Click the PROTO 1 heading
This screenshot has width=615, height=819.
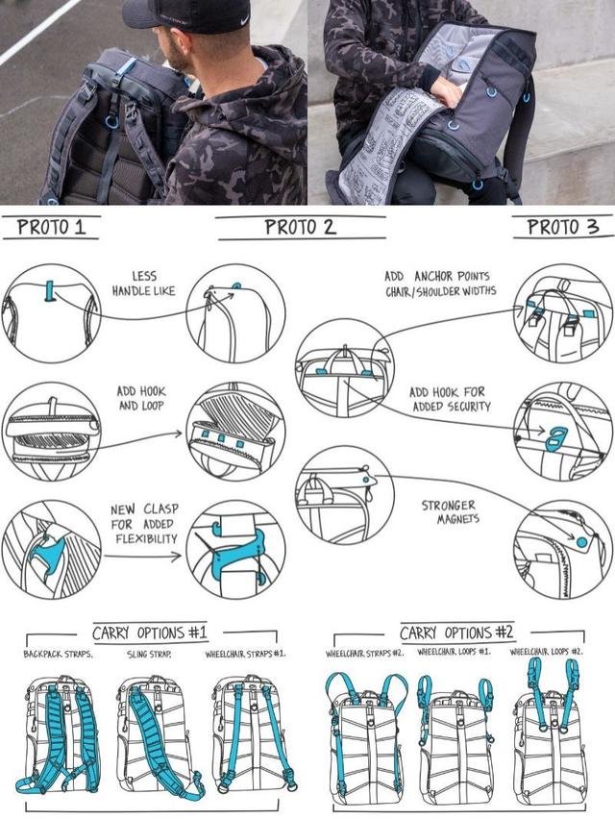51,227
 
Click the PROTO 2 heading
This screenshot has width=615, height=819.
300,227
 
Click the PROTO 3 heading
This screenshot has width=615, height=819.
563,227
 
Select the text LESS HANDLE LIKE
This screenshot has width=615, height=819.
143,284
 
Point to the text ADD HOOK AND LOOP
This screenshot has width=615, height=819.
141,399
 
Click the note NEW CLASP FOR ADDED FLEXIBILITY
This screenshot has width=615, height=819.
144,524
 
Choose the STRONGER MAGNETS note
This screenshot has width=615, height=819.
449,511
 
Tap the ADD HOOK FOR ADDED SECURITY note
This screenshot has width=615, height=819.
450,399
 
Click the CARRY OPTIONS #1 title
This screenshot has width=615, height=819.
150,633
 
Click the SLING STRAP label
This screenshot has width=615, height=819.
149,654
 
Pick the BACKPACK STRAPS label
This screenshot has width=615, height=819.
58,654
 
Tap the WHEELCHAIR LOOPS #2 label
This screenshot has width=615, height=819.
546,652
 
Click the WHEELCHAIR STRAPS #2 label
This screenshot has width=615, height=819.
364,654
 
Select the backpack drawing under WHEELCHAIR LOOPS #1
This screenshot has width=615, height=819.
455,742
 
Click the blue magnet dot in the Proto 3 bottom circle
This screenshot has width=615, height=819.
581,543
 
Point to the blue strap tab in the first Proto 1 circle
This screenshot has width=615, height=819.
50,291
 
